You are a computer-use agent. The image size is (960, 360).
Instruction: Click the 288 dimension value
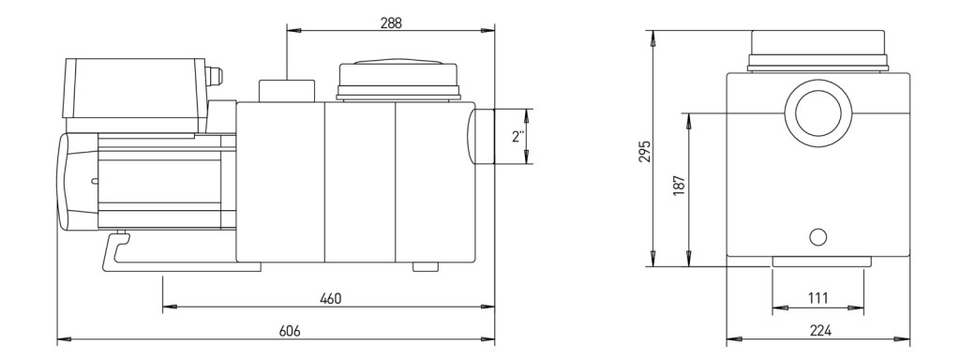point(391,22)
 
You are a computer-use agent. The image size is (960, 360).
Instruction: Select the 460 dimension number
point(331,299)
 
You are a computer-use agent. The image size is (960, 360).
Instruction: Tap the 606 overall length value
point(290,331)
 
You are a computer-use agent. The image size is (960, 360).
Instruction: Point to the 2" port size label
point(518,137)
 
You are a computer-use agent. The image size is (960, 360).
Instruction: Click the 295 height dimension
point(644,151)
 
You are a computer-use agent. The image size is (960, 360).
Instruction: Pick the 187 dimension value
point(679,185)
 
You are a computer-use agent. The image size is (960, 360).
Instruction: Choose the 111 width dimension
point(817,298)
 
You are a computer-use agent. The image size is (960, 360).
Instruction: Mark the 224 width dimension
point(820,331)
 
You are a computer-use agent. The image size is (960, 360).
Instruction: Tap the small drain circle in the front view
point(817,237)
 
